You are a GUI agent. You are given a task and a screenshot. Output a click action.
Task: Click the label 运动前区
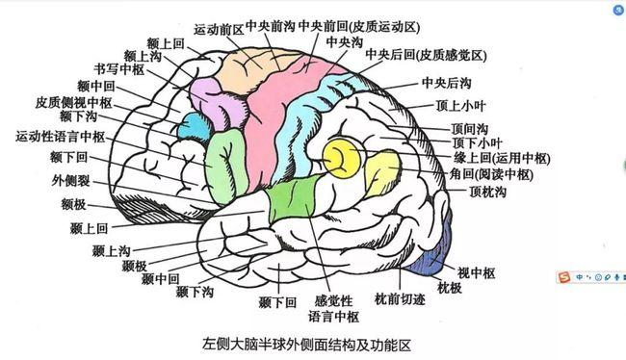click(x=219, y=29)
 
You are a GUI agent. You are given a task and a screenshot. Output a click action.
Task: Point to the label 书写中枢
click(x=117, y=70)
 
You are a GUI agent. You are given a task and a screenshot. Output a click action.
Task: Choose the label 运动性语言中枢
click(x=61, y=137)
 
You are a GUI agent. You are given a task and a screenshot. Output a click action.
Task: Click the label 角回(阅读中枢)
click(x=492, y=175)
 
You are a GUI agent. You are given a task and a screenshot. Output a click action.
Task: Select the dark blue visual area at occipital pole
click(x=429, y=260)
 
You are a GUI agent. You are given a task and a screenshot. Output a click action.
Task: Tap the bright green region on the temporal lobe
click(x=290, y=197)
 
